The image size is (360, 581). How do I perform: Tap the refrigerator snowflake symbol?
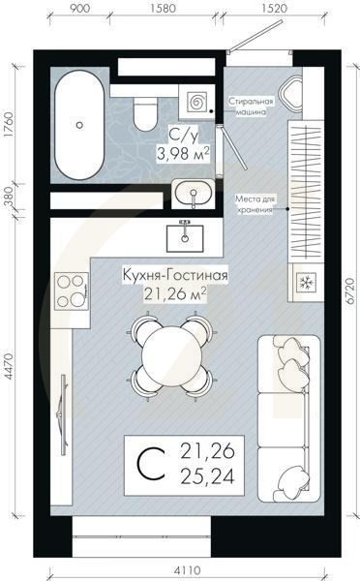tap(305, 282)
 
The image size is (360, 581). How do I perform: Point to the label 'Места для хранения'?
tap(255, 202)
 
